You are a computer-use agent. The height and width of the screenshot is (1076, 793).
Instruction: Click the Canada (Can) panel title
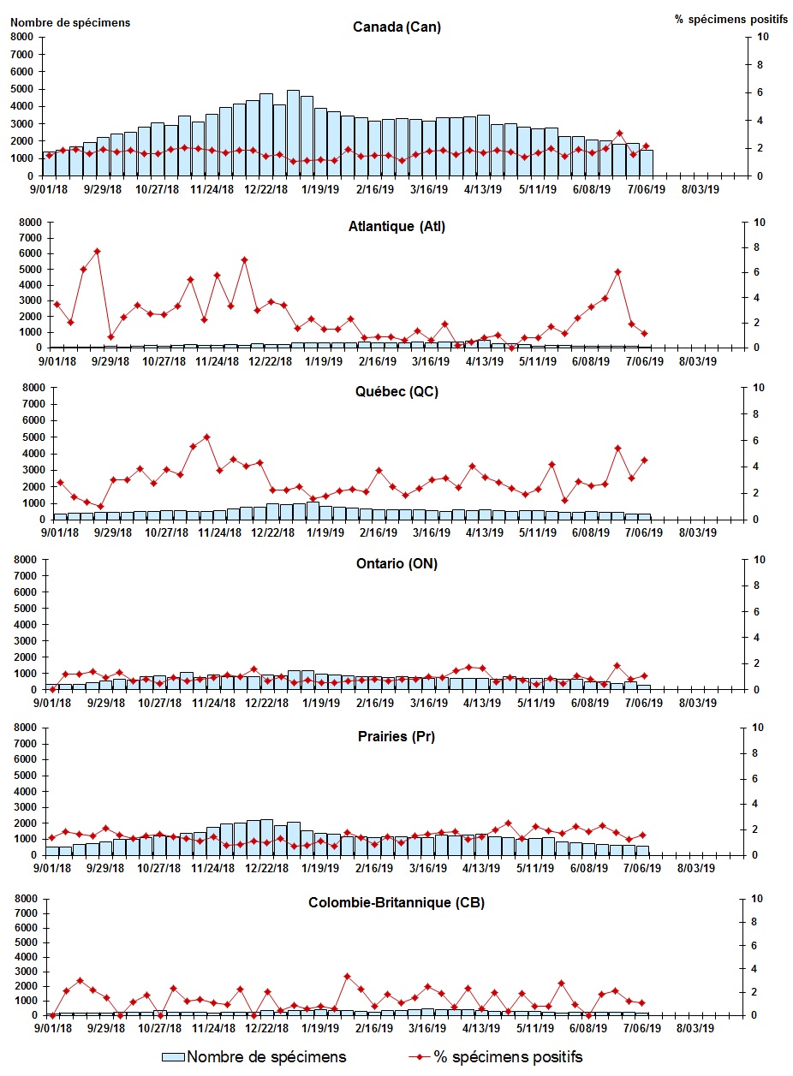(396, 27)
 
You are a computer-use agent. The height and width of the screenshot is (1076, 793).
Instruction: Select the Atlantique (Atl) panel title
(396, 227)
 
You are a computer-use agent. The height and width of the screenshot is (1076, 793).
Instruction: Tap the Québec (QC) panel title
(396, 393)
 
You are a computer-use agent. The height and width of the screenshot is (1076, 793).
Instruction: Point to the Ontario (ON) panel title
(396, 564)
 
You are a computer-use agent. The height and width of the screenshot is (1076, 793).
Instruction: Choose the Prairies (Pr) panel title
(396, 736)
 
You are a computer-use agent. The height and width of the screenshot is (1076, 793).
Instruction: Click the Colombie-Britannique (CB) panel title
(396, 903)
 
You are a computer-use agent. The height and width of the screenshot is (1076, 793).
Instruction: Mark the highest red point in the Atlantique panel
(97, 252)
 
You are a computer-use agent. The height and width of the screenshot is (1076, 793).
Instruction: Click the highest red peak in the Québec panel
(206, 437)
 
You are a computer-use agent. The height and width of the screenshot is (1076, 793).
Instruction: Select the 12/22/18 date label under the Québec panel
(271, 532)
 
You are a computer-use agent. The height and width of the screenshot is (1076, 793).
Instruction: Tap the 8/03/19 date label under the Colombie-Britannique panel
(699, 1028)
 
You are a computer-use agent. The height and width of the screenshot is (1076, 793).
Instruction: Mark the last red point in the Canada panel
(647, 146)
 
